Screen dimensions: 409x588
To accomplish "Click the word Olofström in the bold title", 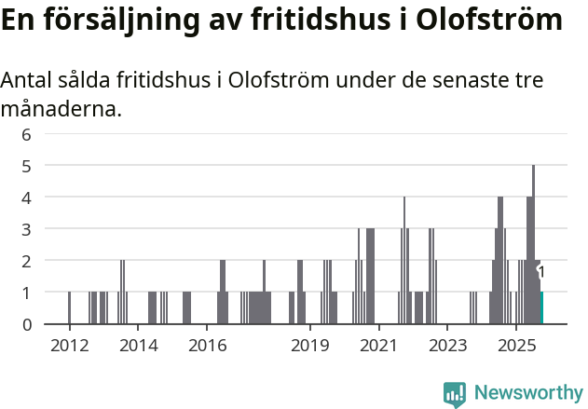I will click(488, 20).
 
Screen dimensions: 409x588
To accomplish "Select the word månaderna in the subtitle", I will click(61, 110).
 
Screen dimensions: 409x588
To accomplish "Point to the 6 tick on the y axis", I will click(26, 134).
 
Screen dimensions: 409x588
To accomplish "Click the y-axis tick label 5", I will click(26, 166).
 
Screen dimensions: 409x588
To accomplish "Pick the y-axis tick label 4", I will click(26, 198).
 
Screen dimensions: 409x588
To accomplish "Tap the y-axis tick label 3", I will click(26, 229).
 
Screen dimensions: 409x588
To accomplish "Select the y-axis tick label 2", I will click(26, 261).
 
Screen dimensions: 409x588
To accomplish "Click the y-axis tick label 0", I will click(26, 324).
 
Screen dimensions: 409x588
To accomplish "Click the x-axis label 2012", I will click(69, 347).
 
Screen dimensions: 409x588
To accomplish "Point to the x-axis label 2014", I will click(139, 347).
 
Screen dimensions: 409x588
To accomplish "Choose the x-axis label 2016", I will click(208, 347).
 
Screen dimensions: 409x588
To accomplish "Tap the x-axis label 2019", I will click(310, 347).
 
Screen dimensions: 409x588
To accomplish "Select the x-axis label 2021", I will click(378, 347).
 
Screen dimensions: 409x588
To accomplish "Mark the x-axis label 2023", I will click(447, 347).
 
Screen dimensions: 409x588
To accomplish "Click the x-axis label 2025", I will click(516, 347).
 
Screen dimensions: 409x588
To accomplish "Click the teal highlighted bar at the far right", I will click(541, 308).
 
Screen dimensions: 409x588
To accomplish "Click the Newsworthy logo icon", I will click(455, 394).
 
